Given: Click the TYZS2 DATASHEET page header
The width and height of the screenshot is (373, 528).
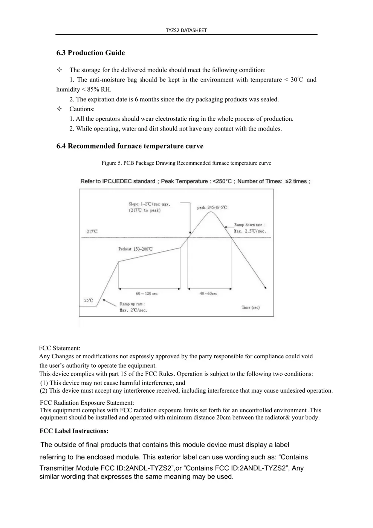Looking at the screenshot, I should [x=186, y=30].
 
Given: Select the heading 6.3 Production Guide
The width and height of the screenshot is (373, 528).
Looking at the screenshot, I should [x=90, y=53].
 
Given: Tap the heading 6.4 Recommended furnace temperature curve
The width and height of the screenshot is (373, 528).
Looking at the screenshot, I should [x=130, y=146].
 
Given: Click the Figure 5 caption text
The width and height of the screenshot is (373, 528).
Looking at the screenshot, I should [x=186, y=163].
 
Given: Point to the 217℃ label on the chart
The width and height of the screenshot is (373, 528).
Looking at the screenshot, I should [x=92, y=231].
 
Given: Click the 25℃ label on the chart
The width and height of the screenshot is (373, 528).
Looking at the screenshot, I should [x=88, y=300].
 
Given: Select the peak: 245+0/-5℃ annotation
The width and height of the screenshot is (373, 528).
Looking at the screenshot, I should [x=212, y=207].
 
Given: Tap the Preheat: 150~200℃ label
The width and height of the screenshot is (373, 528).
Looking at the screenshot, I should [x=135, y=249].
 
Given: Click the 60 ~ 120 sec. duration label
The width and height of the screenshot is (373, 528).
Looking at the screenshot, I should [x=147, y=293].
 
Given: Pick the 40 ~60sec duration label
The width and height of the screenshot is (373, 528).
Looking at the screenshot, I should [x=208, y=293].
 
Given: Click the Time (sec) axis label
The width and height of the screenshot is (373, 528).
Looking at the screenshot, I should [x=251, y=307].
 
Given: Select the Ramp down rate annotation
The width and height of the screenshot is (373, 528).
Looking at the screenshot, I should [x=250, y=228].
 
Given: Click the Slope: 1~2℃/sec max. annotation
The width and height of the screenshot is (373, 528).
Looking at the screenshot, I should [x=149, y=207].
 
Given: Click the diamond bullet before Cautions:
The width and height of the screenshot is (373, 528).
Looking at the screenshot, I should [x=59, y=109].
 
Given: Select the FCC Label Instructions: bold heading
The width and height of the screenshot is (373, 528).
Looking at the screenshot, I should [x=74, y=431].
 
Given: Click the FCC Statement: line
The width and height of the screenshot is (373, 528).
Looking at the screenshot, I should [x=60, y=348].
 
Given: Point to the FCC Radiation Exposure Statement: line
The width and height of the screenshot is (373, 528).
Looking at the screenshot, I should [x=87, y=403].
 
